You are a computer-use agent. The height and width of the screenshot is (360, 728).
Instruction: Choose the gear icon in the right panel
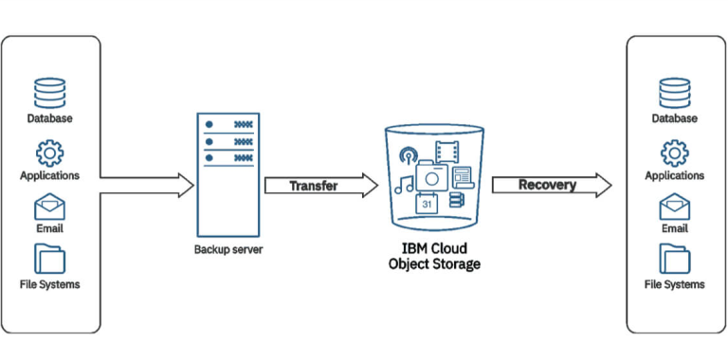(x=675, y=152)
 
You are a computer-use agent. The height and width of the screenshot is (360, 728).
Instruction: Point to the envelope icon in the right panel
(x=675, y=207)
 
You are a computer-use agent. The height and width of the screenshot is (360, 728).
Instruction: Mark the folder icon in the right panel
(x=675, y=259)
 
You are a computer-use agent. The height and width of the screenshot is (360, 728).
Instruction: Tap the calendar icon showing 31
(x=427, y=203)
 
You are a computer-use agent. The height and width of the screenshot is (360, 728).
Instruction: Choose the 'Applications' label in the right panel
(x=675, y=176)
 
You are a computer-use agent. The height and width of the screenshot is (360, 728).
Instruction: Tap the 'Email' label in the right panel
(x=675, y=228)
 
